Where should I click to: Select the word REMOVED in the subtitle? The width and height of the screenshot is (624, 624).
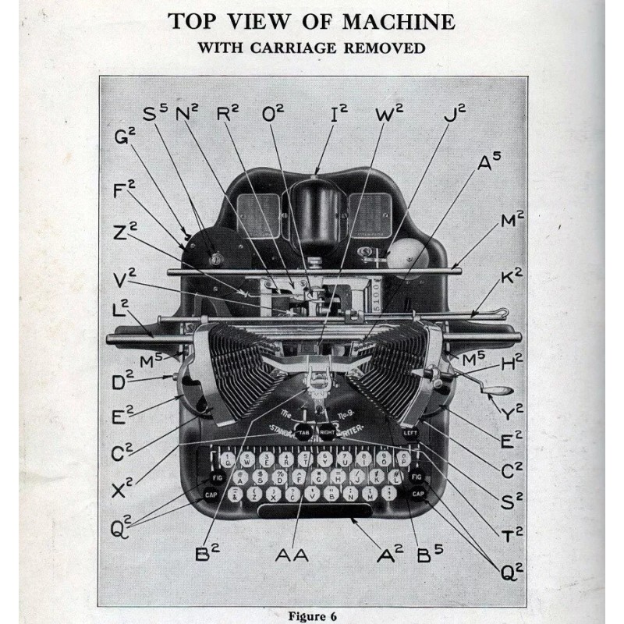pyautogui.click(x=381, y=48)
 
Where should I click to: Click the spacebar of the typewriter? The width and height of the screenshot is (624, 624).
pyautogui.click(x=316, y=512)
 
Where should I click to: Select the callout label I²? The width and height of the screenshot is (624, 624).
pyautogui.click(x=339, y=115)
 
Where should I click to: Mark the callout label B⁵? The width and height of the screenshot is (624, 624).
pyautogui.click(x=430, y=555)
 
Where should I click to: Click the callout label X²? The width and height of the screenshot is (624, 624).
pyautogui.click(x=122, y=489)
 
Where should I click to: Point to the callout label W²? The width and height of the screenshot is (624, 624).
pyautogui.click(x=388, y=115)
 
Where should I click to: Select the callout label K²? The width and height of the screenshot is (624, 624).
pyautogui.click(x=512, y=276)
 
